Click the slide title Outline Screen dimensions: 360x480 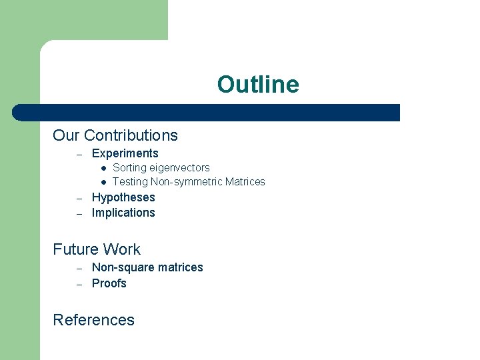tap(258, 85)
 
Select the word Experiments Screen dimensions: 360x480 tap(125, 153)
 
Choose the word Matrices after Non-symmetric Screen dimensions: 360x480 tap(245, 182)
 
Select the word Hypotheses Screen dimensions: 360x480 tap(123, 197)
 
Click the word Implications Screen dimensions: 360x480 tap(123, 213)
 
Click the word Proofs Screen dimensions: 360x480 tap(109, 283)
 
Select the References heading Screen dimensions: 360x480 tap(93, 320)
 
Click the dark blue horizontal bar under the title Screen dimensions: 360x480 tap(207, 113)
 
